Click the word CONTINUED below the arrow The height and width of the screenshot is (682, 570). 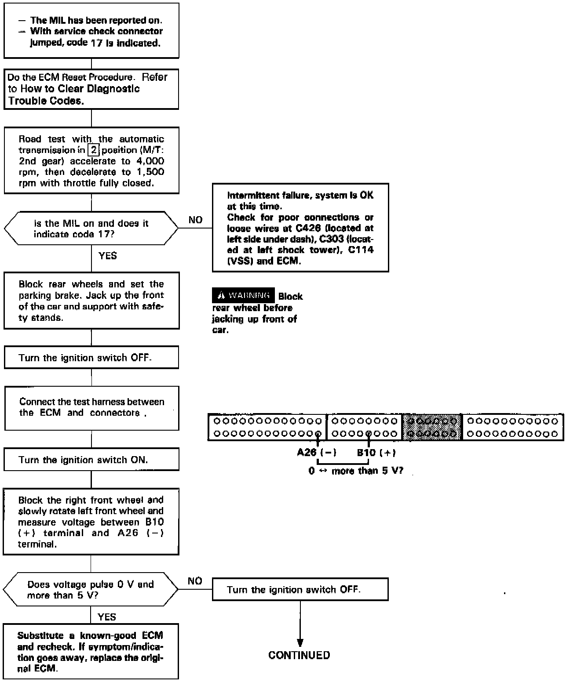(x=299, y=655)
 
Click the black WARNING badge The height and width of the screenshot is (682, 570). (x=244, y=295)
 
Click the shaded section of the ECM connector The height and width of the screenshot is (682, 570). (x=432, y=427)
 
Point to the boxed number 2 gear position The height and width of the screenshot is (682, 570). (x=93, y=150)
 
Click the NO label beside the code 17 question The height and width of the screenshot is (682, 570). (x=195, y=220)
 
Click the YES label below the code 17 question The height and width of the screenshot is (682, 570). (x=108, y=256)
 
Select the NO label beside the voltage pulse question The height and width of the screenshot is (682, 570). (x=195, y=581)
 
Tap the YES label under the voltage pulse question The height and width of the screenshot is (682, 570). (x=107, y=617)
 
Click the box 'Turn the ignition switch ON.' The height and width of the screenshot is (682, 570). (x=91, y=460)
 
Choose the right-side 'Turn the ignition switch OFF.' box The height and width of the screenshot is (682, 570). (x=300, y=589)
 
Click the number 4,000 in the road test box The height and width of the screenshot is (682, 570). (x=147, y=161)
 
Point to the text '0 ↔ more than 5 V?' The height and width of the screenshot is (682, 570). (x=355, y=471)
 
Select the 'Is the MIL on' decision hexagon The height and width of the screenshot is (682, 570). (x=91, y=229)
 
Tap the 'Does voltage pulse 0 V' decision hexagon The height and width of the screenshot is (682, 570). (x=91, y=590)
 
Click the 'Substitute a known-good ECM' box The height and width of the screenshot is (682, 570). (x=91, y=652)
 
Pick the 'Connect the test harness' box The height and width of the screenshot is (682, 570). (x=91, y=408)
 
